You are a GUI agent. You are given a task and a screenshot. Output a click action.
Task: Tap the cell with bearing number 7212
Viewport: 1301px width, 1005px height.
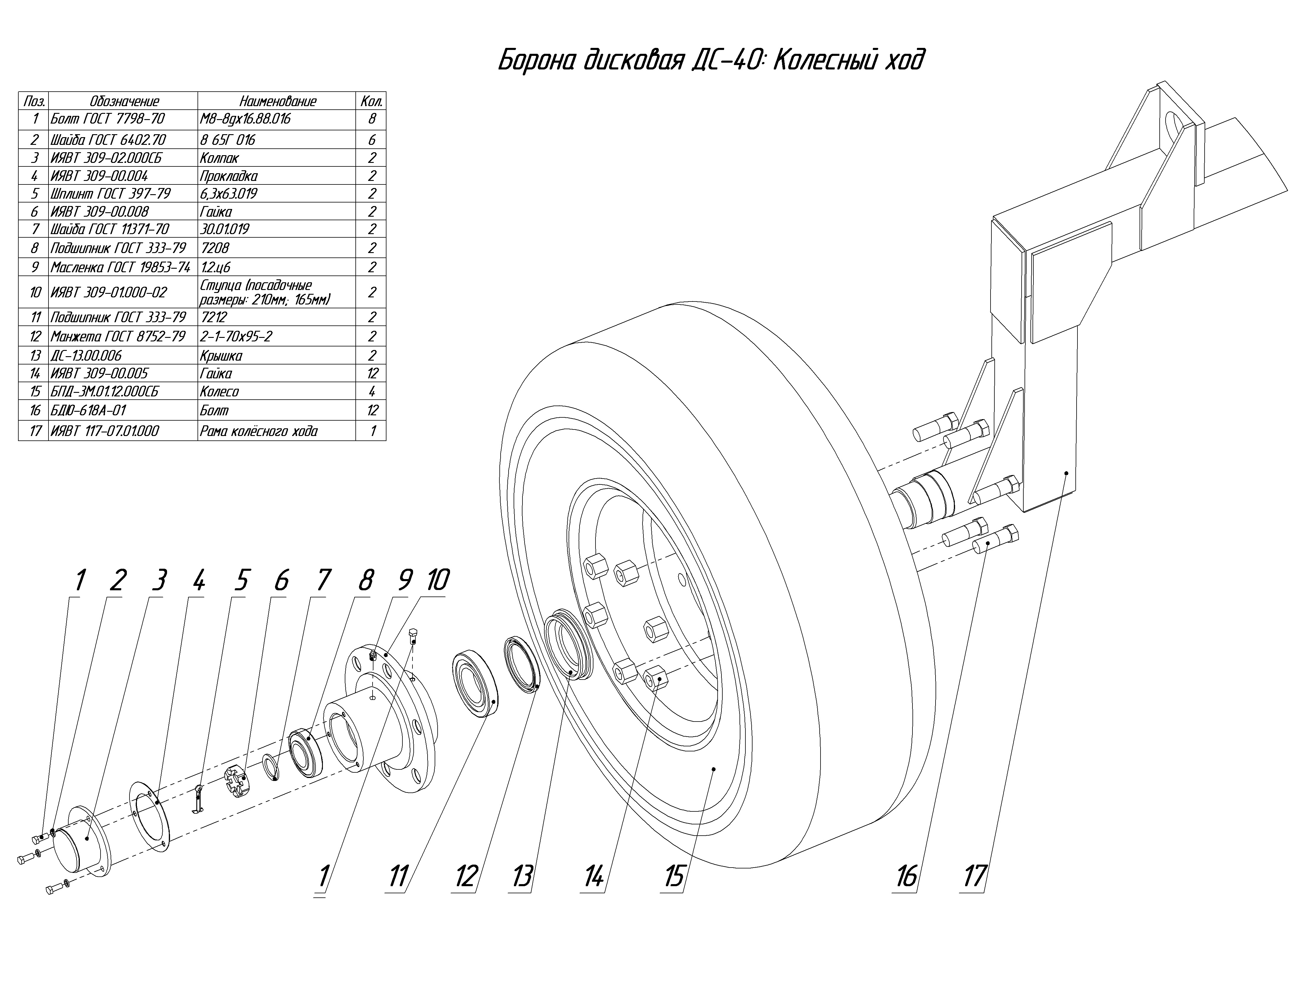tap(214, 317)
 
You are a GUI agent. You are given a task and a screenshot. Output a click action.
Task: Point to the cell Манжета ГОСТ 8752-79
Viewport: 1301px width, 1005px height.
tap(118, 336)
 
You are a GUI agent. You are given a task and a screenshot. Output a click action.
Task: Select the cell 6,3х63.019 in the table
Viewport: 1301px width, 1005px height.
tap(229, 194)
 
